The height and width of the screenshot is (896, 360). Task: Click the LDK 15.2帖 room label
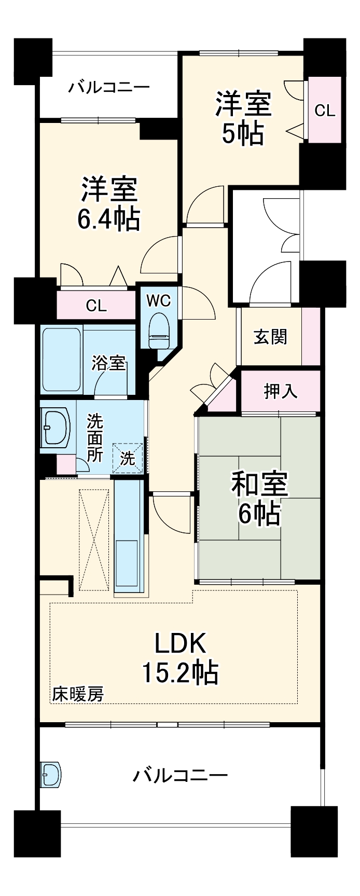pos(180,658)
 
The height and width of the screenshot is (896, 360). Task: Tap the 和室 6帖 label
pos(259,499)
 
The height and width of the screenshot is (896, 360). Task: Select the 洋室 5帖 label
pos(243,118)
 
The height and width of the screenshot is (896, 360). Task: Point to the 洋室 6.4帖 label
pos(109,203)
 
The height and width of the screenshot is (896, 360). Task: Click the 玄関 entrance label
pos(270,337)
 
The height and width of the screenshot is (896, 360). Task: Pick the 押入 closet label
pos(281,391)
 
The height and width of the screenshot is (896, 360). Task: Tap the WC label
pos(158,301)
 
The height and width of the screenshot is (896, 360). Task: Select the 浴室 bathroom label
pos(109,363)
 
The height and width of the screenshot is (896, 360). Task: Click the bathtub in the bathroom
pos(61,359)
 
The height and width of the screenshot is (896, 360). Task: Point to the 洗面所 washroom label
pos(94,437)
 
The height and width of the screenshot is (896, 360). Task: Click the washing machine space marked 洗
pos(128,458)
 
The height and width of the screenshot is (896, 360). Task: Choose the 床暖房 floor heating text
pos(78,694)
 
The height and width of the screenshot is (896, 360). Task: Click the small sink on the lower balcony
pos(50,774)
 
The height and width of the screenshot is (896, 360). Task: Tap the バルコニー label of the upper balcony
pos(109,86)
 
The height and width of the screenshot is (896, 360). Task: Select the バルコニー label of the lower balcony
pos(180,776)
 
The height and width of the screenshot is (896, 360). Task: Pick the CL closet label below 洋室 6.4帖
pos(96,306)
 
